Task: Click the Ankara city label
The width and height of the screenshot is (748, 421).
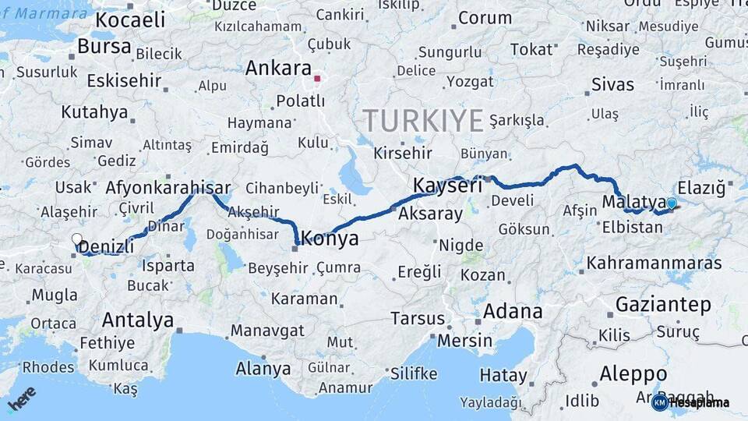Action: [278, 69]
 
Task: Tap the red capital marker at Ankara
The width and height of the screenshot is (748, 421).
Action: [316, 79]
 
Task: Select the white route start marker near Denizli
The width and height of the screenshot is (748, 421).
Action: [76, 239]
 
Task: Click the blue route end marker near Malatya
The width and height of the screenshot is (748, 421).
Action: [671, 203]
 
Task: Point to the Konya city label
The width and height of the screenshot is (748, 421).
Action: [330, 239]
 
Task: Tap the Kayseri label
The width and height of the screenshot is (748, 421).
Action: [447, 186]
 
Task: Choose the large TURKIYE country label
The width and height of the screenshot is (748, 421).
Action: [422, 121]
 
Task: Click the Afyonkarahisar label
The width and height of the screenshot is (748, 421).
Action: [168, 188]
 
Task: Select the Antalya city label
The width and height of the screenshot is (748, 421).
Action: [138, 320]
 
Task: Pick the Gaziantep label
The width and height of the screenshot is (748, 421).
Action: [663, 304]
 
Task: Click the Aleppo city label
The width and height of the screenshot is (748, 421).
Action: [633, 374]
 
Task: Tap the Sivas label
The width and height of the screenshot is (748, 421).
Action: [612, 85]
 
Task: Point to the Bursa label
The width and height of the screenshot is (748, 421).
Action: [104, 47]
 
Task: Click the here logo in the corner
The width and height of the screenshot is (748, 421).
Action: [22, 398]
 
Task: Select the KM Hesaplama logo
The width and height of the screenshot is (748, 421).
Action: [690, 402]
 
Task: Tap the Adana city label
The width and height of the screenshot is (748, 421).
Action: [513, 312]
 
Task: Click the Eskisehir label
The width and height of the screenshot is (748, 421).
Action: [124, 80]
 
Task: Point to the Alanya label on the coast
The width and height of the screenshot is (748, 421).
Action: [263, 369]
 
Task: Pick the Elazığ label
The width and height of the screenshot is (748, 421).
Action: [701, 188]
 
